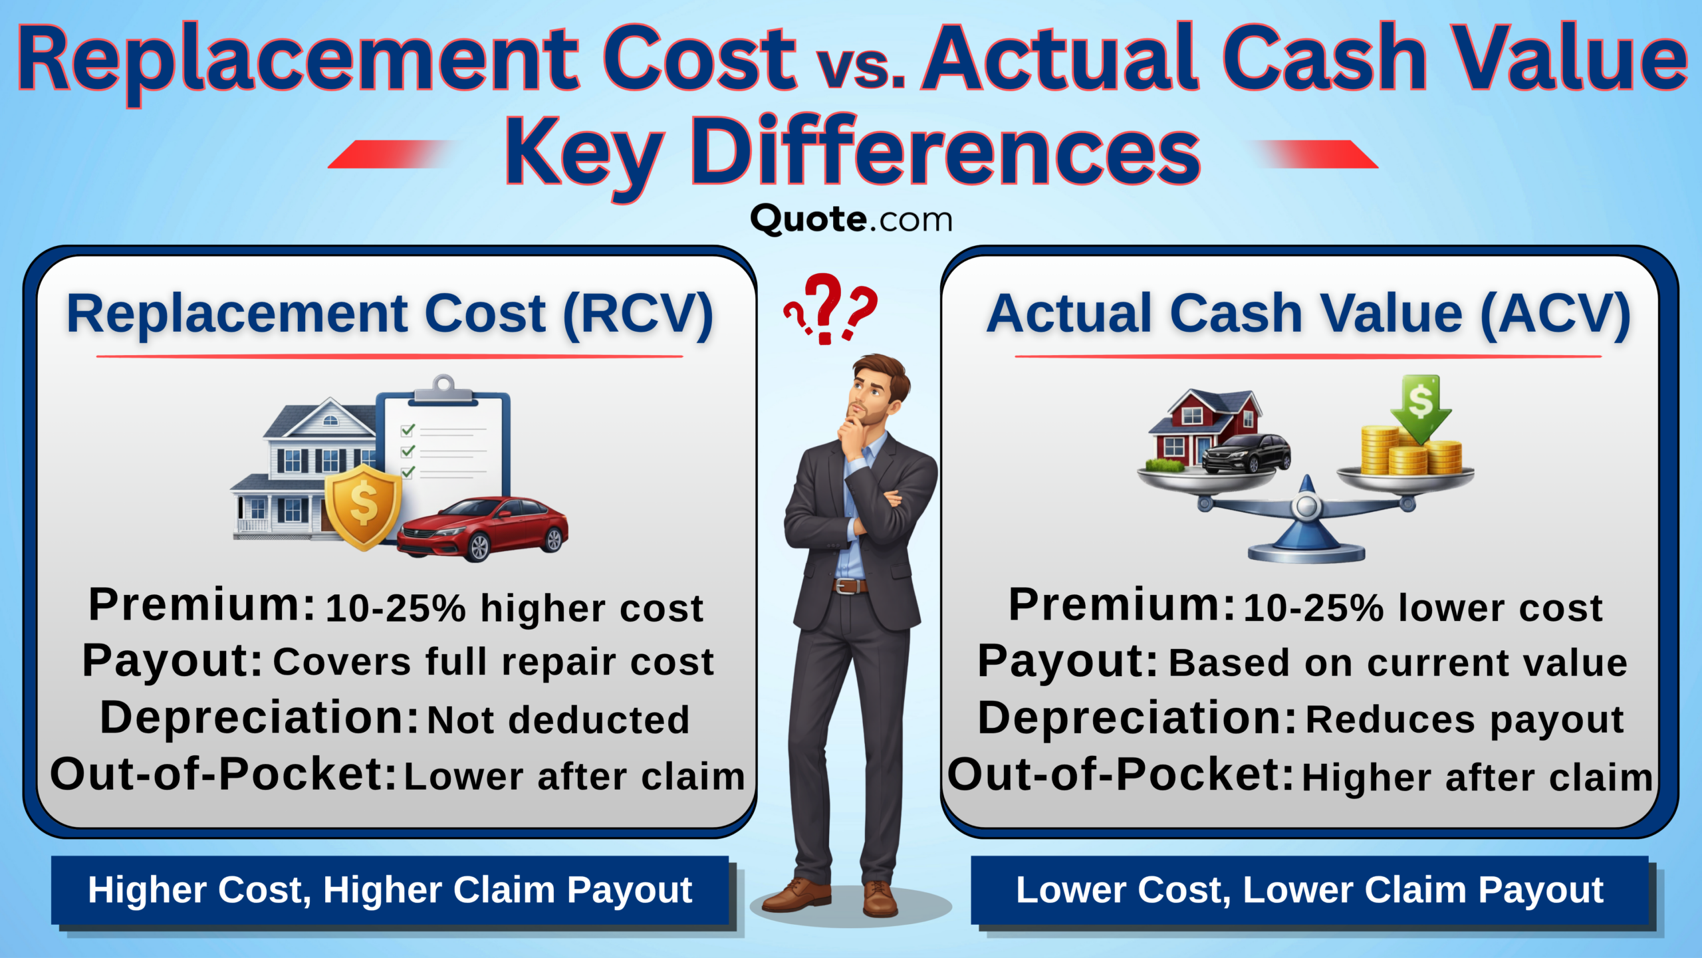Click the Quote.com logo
point(851,219)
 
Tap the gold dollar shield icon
point(363,507)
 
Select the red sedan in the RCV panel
point(483,529)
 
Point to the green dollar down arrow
point(1421,407)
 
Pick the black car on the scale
point(1246,454)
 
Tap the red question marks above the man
point(830,308)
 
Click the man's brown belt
point(850,586)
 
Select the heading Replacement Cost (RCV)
point(390,314)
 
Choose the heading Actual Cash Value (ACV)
point(1308,314)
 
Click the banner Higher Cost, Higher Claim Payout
point(390,890)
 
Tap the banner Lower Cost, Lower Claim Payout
point(1310,890)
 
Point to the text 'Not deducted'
point(558,720)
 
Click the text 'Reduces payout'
point(1465,720)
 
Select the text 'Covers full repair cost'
point(493,662)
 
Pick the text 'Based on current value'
point(1398,663)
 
